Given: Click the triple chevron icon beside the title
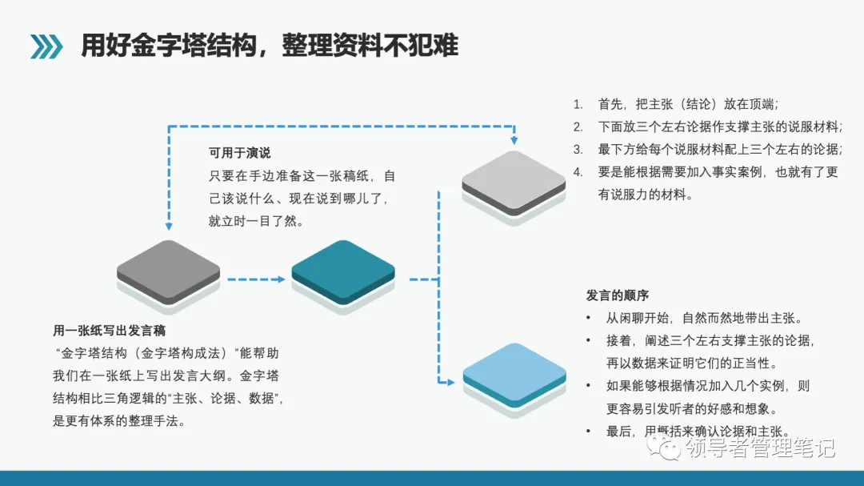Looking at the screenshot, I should pos(46,46).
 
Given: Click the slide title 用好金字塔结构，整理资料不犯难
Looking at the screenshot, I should pos(270,46).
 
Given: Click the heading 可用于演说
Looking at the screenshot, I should pos(240,153).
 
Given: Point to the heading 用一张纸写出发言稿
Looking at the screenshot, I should pos(110,330).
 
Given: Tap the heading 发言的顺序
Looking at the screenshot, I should pos(618,295).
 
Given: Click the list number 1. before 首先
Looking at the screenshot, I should pos(578,104).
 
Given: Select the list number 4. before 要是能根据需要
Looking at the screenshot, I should pos(578,171).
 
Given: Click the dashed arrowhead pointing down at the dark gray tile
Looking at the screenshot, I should pos(169,227).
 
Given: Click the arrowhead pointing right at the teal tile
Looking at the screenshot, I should pos(281,279).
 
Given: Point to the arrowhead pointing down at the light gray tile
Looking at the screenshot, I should pos(514,139).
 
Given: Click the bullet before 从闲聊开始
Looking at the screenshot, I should pos(590,318).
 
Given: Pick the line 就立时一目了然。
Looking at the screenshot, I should pos(256,221).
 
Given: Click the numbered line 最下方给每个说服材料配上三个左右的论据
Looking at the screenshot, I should pos(719,149).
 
